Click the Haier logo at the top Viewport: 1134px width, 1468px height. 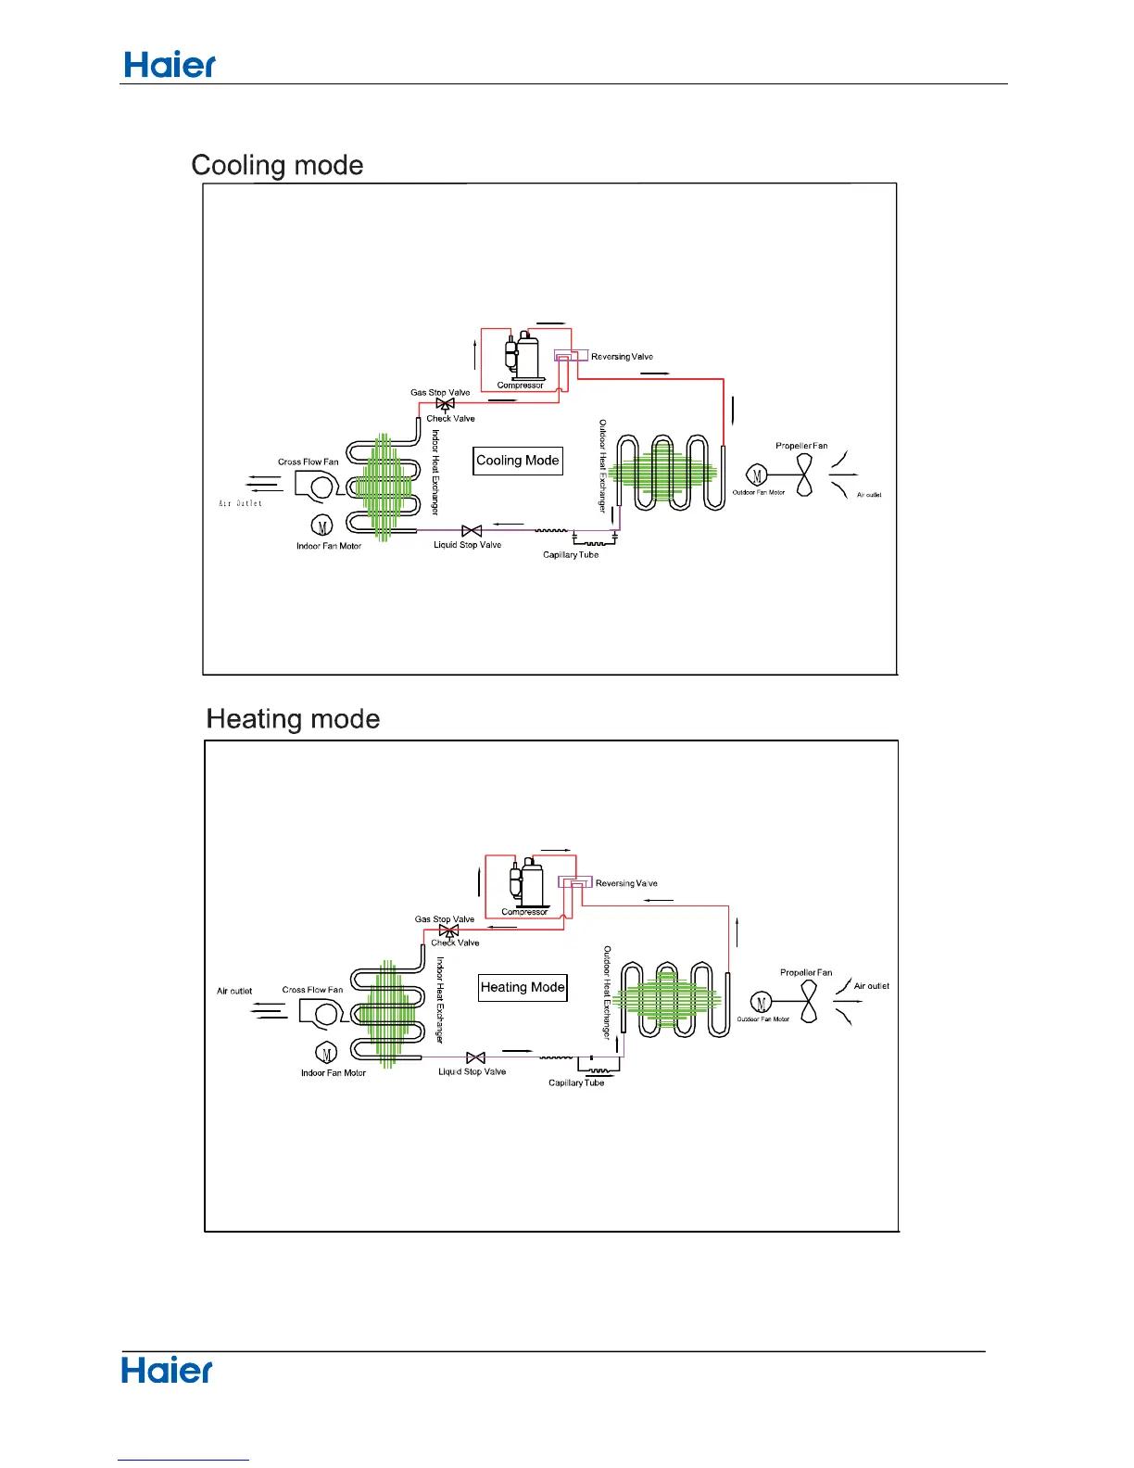170,64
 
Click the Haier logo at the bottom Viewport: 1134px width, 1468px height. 167,1371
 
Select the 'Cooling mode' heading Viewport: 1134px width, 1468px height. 277,165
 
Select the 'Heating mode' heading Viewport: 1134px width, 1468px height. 293,719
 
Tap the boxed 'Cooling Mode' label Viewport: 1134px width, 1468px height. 518,461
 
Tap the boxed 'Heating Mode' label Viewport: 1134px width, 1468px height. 523,988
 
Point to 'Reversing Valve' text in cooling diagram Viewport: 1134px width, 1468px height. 622,357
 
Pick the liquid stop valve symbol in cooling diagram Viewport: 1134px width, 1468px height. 472,531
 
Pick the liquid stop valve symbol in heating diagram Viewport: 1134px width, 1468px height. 475,1058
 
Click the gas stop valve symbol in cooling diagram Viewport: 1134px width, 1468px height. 445,404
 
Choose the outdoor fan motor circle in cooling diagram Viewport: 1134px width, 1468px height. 757,476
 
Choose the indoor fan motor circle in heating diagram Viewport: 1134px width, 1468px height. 326,1054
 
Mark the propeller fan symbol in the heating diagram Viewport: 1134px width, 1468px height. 809,1003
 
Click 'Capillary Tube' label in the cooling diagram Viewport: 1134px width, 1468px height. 571,555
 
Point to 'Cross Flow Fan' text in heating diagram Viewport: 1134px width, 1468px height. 312,990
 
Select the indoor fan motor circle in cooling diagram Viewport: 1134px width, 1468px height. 321,526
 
